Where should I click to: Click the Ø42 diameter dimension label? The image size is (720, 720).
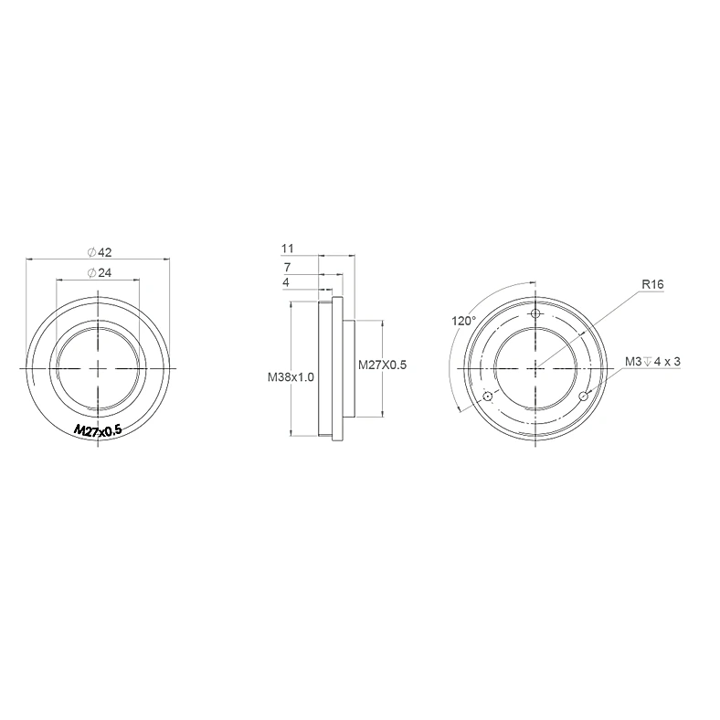pos(100,252)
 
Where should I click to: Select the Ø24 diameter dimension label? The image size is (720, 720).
pos(100,273)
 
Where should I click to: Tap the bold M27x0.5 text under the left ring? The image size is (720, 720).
pos(99,430)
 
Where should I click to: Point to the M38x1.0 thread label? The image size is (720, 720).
pos(291,377)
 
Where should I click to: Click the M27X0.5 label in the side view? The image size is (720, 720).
pos(382,365)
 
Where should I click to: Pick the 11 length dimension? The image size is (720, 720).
pos(288,249)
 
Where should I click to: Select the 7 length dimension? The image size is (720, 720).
pos(288,267)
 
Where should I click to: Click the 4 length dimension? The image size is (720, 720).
pos(286,282)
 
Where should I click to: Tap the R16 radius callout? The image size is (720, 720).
pos(652,284)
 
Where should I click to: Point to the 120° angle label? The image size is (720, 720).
pos(464,321)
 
